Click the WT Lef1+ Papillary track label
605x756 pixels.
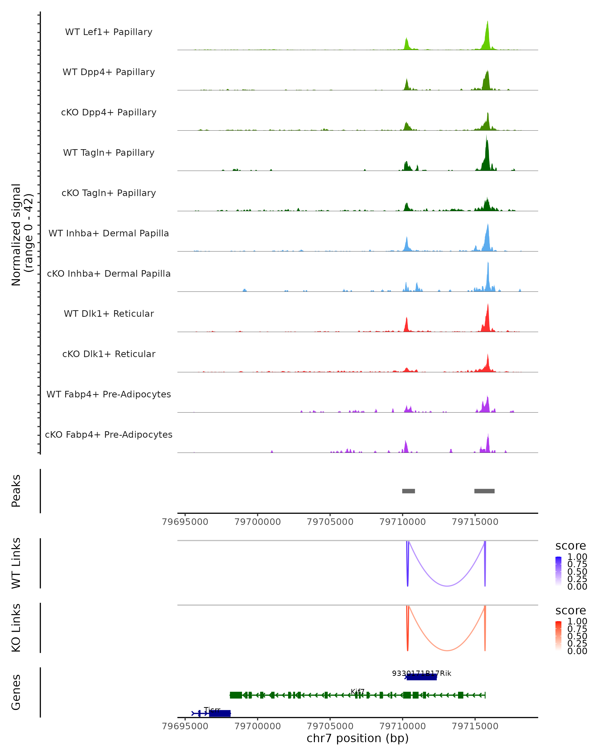109,32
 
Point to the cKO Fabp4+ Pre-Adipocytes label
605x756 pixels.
109,434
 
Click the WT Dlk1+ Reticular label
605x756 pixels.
109,314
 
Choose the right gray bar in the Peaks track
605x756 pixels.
484,491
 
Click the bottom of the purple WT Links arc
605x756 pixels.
447,586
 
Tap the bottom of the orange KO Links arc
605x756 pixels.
447,650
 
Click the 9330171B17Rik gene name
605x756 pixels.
421,673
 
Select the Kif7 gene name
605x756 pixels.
358,691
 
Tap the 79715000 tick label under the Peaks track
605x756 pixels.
475,522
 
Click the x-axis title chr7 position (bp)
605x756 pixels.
357,738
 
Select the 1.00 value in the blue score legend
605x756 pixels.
577,557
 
